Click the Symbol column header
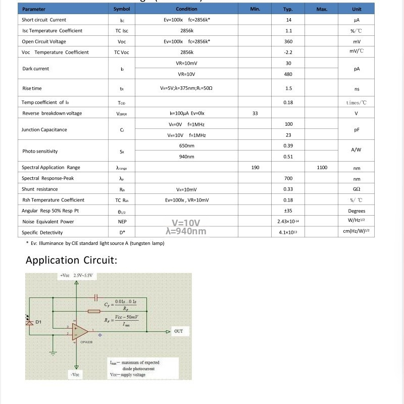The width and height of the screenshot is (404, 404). (122, 9)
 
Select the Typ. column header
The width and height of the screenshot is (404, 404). (288, 9)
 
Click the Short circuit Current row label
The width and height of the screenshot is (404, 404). (44, 20)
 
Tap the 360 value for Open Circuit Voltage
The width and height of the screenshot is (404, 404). (288, 42)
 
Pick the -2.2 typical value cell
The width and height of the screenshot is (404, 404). (288, 53)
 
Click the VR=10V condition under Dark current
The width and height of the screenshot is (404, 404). (186, 74)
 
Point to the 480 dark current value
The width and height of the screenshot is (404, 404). (288, 74)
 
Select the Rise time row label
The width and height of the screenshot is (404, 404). (32, 88)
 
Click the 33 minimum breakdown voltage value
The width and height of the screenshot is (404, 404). (255, 114)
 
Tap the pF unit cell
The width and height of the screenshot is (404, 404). (357, 130)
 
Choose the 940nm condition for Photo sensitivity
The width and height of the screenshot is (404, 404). (186, 157)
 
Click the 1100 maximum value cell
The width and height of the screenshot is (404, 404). (322, 168)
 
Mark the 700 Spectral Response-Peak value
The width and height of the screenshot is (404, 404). (288, 178)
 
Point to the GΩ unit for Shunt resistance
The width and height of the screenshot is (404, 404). (357, 189)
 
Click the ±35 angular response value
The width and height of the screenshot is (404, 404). (288, 211)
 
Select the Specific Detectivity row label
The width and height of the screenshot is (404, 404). (42, 233)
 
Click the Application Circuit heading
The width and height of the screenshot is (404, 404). (71, 261)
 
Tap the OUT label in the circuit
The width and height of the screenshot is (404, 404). (178, 331)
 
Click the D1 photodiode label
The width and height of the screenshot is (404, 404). (38, 322)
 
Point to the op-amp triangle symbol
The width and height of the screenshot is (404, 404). (80, 332)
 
